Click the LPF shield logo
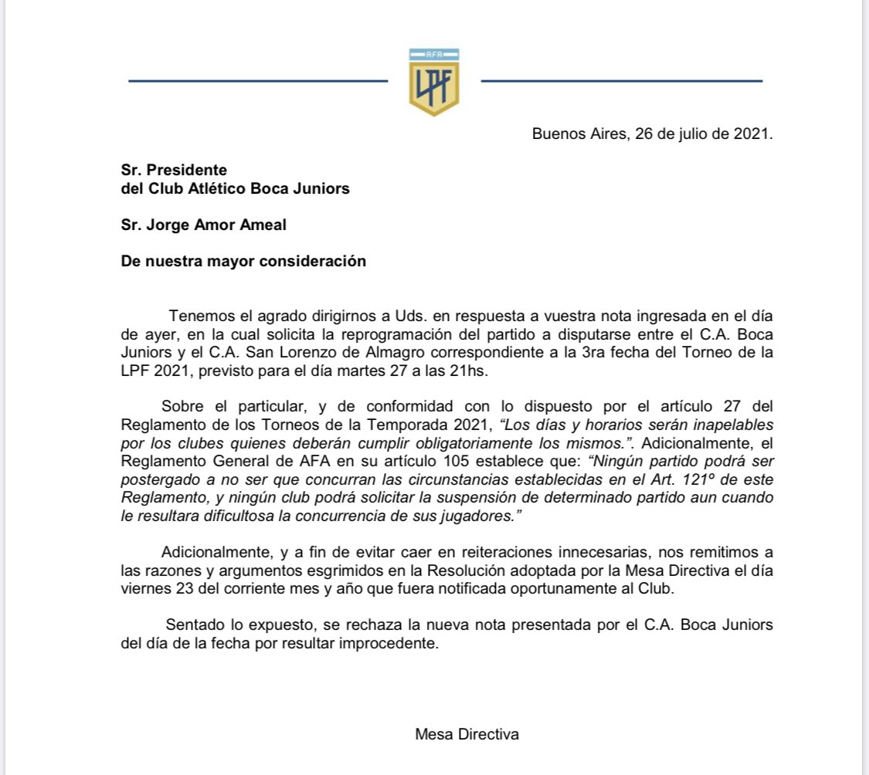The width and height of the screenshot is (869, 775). click(x=433, y=82)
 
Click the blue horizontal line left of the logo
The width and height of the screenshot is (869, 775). click(x=257, y=80)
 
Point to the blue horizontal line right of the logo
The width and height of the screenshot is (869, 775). click(x=621, y=80)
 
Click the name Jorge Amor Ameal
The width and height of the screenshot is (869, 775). click(x=204, y=225)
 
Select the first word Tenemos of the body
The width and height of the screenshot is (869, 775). click(x=196, y=316)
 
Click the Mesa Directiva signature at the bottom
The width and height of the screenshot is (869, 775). click(x=467, y=734)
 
